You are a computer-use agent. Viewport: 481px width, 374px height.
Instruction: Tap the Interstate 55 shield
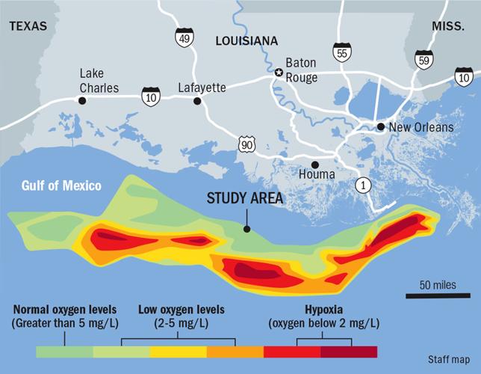[x=343, y=52]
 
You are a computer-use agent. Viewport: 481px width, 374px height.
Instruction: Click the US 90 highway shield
[x=247, y=144]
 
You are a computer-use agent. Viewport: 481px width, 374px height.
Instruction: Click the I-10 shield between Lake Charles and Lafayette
[x=152, y=95]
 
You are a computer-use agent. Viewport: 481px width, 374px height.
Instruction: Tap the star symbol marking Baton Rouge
[x=279, y=73]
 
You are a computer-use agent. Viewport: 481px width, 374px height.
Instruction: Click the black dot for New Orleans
[x=381, y=127]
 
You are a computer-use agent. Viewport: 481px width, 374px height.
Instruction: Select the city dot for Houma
[x=314, y=165]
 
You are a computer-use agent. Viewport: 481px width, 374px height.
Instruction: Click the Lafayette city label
[x=202, y=88]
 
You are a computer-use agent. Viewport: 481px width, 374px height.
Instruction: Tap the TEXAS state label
[x=28, y=26]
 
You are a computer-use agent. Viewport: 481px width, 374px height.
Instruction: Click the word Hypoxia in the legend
[x=323, y=309]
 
